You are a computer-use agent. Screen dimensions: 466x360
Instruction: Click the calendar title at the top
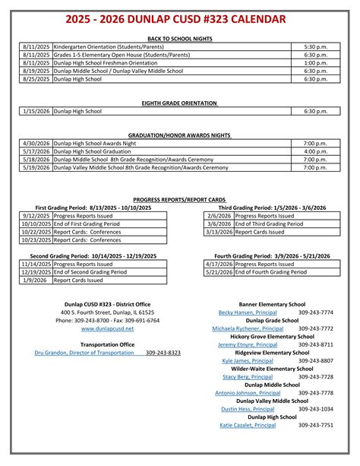[x=180, y=18]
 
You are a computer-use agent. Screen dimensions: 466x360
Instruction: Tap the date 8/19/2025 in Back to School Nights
[x=36, y=71]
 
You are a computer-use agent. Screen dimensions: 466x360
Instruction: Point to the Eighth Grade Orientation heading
[x=179, y=103]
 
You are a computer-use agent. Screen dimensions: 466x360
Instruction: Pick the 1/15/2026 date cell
[x=36, y=111]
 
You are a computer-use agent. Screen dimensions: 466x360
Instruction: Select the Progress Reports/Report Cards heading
[x=179, y=199]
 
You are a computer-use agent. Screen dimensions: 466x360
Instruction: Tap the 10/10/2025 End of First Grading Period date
[x=36, y=224]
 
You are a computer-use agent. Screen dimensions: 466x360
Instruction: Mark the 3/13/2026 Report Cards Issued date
[x=219, y=233]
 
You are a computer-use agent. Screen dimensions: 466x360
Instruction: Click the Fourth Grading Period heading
[x=270, y=256]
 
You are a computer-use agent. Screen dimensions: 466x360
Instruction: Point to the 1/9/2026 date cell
[x=36, y=281]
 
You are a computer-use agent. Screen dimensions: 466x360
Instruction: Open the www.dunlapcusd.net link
[x=107, y=328]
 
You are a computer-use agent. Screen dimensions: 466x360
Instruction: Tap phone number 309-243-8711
[x=316, y=344]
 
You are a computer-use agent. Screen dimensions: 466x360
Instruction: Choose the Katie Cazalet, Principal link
[x=248, y=426]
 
